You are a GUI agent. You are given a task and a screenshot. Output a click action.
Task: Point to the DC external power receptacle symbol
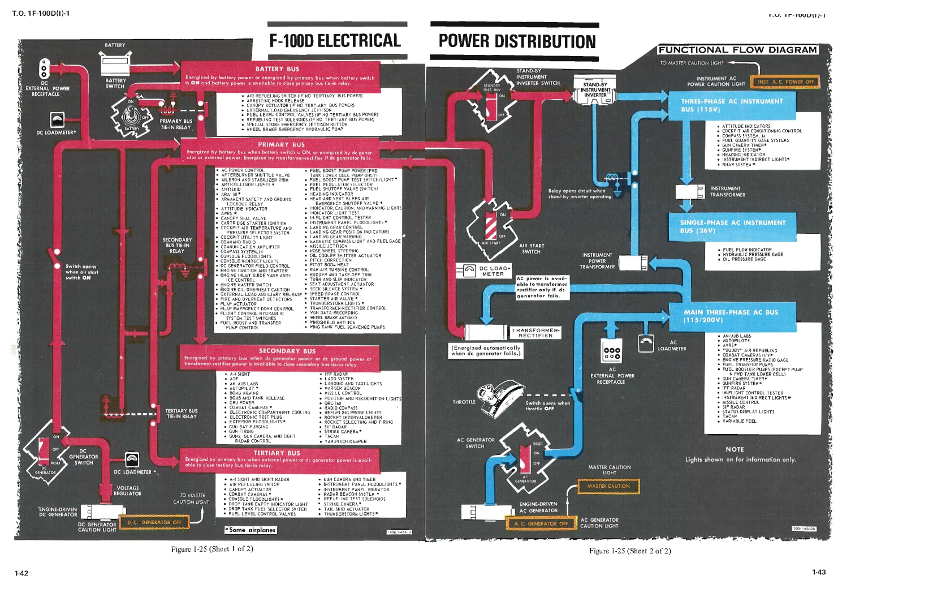(44, 68)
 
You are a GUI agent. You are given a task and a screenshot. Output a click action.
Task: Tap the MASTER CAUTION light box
(608, 486)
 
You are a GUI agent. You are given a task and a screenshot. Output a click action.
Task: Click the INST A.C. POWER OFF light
(785, 81)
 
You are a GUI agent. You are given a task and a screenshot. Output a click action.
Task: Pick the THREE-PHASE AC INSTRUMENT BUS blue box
(732, 105)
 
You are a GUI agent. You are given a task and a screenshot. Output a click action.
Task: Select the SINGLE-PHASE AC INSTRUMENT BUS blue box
(732, 226)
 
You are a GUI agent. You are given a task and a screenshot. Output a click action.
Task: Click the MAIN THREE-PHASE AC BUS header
(731, 316)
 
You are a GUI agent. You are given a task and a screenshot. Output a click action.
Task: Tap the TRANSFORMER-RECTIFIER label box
(535, 333)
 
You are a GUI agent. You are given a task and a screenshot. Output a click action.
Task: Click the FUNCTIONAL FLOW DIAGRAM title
(738, 50)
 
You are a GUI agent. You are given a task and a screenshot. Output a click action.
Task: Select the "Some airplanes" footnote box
(250, 530)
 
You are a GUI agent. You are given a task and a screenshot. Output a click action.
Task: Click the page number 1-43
(818, 572)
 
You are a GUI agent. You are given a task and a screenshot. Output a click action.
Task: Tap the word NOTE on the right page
(735, 449)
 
